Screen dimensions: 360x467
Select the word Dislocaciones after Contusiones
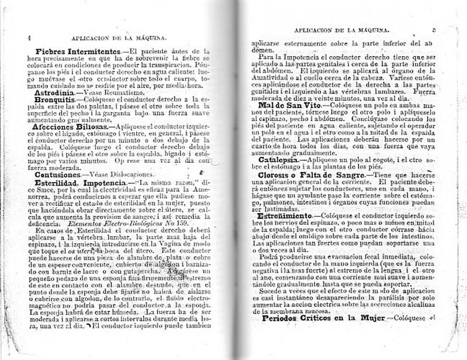coord(132,174)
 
